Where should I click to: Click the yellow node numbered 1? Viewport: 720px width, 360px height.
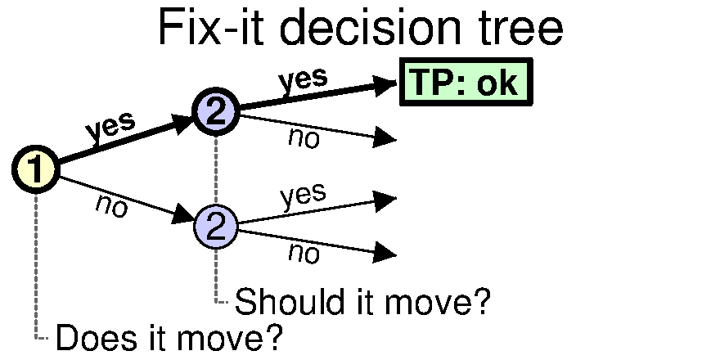click(x=36, y=169)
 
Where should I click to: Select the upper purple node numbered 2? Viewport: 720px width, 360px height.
click(x=216, y=111)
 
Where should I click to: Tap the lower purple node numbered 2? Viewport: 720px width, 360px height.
click(x=216, y=227)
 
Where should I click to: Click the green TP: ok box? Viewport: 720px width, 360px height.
click(x=466, y=82)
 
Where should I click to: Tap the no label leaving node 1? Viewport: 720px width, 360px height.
click(x=111, y=205)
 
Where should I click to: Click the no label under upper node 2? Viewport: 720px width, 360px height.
click(x=304, y=137)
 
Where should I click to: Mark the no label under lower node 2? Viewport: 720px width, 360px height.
click(x=304, y=253)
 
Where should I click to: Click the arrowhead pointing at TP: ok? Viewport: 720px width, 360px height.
click(x=385, y=85)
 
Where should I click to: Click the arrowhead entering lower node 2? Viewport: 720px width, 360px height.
click(x=183, y=214)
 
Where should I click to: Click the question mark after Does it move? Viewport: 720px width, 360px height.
click(x=272, y=336)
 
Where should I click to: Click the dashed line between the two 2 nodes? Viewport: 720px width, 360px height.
click(x=216, y=169)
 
